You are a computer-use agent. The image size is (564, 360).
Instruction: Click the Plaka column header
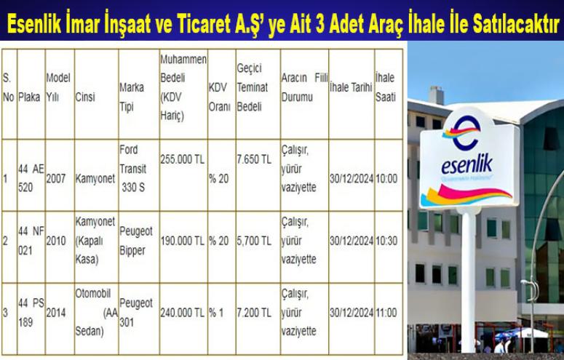29,97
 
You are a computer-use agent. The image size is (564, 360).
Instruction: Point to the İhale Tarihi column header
351,87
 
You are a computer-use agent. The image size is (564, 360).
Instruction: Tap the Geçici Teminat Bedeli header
253,87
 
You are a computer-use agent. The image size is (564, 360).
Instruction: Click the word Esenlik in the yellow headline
34,24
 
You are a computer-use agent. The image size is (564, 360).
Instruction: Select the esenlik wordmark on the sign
467,165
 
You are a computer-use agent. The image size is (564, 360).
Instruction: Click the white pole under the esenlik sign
468,281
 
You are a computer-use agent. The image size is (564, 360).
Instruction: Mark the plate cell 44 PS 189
31,313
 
